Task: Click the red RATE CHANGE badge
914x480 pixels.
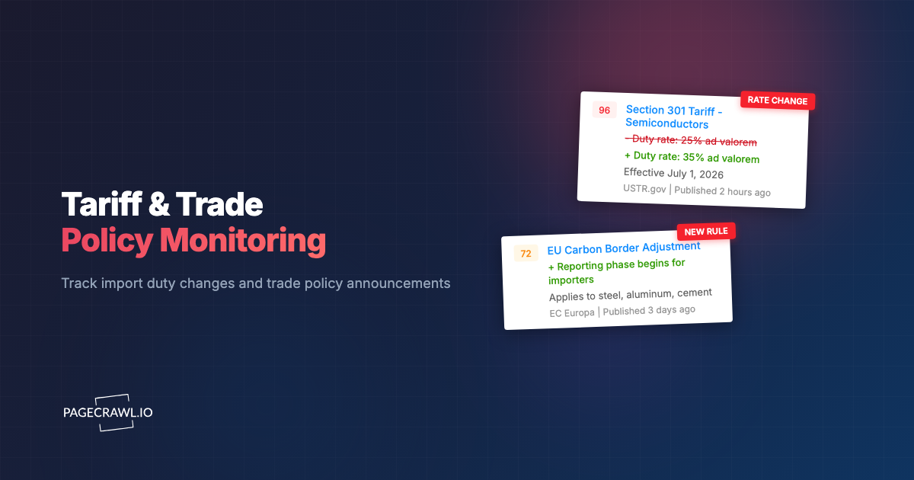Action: pos(777,101)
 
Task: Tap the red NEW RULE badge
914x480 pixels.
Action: pos(706,231)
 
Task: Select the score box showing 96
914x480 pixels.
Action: pos(604,110)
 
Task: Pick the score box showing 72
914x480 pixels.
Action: pos(526,253)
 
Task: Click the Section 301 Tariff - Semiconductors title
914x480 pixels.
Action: pos(673,117)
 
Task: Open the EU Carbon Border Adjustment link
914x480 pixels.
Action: pos(623,248)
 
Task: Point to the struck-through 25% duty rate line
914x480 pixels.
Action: pos(691,142)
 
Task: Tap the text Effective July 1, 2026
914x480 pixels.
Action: pos(673,174)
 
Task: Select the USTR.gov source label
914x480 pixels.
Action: pos(644,189)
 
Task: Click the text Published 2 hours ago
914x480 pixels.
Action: pos(722,191)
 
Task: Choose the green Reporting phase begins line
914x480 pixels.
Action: pos(616,271)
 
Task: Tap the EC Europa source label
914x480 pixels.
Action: pos(571,312)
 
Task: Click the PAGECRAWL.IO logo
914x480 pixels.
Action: pos(107,412)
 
